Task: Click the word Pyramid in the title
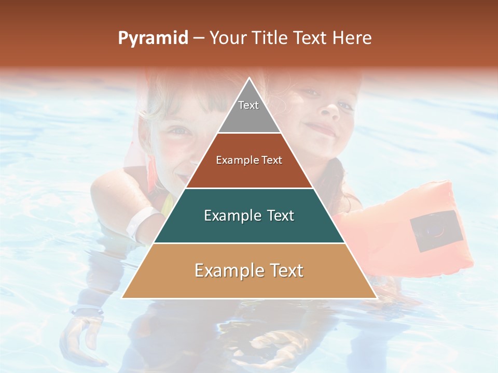(153, 38)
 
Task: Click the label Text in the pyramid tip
(248, 105)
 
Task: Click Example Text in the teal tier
(249, 216)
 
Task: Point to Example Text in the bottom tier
(249, 270)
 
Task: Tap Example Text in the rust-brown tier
(249, 160)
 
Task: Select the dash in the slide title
(199, 38)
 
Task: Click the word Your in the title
(227, 38)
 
